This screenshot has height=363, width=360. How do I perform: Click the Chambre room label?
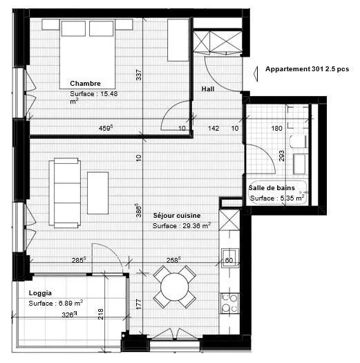coord(85,84)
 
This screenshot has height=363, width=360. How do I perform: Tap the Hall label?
coord(207,89)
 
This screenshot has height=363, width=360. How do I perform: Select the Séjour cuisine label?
coord(177,216)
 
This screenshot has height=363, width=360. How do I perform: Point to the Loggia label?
coord(40,293)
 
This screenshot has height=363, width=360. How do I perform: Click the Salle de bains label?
coord(272,188)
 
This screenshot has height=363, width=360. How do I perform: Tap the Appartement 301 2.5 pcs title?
coord(307,69)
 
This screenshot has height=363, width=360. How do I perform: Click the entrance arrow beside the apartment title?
coord(256,74)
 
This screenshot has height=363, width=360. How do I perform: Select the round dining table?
coord(174,287)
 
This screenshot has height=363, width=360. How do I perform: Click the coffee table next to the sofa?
coord(98,193)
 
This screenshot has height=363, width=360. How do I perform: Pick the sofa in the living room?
coord(65,193)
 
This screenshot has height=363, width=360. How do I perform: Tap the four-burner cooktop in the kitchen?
coord(229,304)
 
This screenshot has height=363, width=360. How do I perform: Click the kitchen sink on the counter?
coord(229,258)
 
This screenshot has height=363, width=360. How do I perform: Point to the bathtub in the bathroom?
coord(278,193)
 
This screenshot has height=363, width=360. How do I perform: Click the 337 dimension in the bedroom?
coord(138,75)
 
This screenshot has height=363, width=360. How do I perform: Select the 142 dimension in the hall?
coord(214,128)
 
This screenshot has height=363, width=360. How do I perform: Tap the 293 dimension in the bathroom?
coord(281,156)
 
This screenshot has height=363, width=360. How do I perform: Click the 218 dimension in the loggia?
coord(101,314)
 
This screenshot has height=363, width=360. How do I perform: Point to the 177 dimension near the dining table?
coord(139,304)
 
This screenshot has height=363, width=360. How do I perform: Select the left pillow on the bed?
coord(73,28)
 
